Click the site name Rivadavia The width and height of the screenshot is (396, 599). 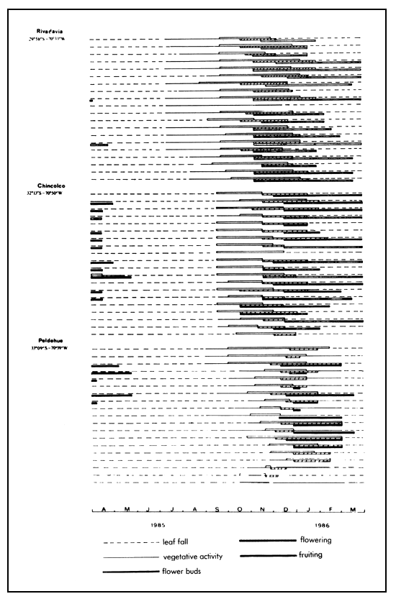[x=50, y=31]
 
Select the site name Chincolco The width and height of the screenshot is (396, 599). [x=51, y=185]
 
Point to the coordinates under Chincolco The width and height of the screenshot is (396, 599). [x=50, y=192]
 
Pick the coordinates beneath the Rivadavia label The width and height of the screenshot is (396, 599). [x=50, y=38]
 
